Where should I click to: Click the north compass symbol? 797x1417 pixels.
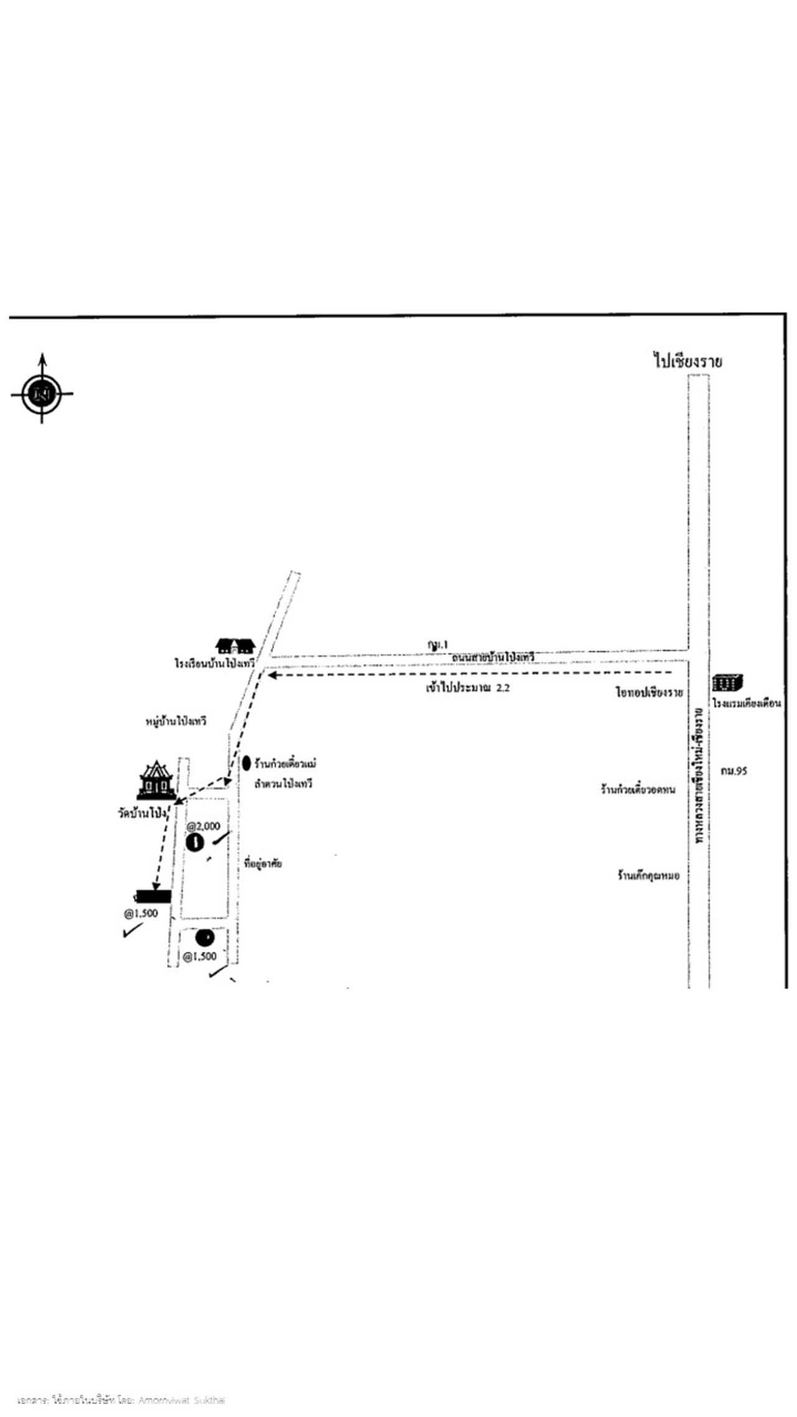[x=42, y=393]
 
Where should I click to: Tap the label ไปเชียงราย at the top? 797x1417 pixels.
[x=687, y=360]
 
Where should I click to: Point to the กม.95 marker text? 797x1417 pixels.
[x=733, y=771]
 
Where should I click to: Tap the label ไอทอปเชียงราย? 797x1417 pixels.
[x=649, y=692]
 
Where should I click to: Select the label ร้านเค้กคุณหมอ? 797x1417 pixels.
[x=648, y=875]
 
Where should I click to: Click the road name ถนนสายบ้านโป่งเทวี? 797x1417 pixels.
[x=493, y=657]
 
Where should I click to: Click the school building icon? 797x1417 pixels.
[x=235, y=646]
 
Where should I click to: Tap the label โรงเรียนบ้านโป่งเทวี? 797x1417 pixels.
[x=215, y=664]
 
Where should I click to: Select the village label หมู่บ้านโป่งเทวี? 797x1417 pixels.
[x=174, y=722]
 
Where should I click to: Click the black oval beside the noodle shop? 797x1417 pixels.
[x=247, y=763]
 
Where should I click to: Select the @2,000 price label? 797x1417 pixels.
[x=204, y=826]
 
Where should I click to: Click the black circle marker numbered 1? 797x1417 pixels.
[x=196, y=844]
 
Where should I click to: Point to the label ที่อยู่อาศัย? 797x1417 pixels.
[x=263, y=864]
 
